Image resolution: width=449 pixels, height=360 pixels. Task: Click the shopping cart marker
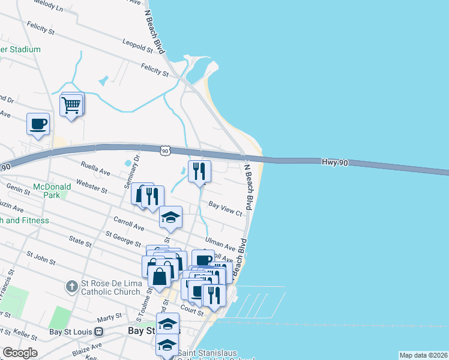coord(71,106)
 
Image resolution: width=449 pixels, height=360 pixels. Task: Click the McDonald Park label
coord(52,191)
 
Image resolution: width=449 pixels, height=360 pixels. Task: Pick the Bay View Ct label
coord(225,208)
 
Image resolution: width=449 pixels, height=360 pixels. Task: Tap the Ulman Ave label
coord(220,243)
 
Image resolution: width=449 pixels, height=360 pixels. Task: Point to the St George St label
coord(123,239)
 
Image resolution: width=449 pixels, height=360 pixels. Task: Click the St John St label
coord(40,259)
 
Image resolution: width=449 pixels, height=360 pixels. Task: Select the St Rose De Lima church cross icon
coord(71,286)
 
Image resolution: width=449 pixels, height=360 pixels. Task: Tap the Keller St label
coord(25,331)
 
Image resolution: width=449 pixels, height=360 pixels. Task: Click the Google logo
coord(20,353)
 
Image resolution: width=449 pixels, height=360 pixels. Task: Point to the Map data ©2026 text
coord(423,355)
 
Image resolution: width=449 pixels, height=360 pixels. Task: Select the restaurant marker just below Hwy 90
coord(199,172)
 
